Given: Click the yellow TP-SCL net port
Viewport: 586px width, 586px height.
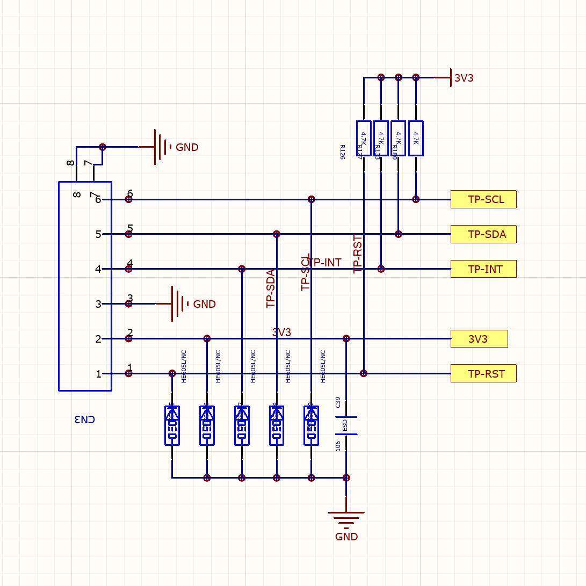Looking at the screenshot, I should [483, 199].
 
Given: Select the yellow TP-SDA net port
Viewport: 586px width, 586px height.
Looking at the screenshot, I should [483, 234].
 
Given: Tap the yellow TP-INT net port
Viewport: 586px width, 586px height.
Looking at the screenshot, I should [483, 269].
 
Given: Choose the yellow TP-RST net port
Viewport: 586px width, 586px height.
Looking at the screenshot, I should [483, 374].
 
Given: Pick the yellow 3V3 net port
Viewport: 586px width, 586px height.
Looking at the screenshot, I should [479, 339].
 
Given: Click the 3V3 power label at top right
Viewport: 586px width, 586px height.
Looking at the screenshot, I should [464, 78].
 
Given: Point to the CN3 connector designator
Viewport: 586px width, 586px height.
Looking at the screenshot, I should [84, 419].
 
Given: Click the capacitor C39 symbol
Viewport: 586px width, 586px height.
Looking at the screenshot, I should [346, 425].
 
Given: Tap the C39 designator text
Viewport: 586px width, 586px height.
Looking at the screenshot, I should [338, 402].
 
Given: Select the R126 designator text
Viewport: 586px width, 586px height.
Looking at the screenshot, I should [342, 152].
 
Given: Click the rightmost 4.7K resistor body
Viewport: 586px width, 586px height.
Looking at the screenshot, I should [416, 138].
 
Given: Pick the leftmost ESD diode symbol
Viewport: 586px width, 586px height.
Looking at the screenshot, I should [172, 425].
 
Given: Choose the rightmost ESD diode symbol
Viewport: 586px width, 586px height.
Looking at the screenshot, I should [312, 425].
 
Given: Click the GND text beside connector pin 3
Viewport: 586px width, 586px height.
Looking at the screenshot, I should [204, 305].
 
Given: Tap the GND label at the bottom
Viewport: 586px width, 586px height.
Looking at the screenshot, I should [346, 537].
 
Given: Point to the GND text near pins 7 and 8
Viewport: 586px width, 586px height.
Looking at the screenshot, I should [187, 148].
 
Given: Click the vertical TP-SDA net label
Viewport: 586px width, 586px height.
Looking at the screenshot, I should [271, 289].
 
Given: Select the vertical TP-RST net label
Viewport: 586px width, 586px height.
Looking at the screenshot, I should [358, 254].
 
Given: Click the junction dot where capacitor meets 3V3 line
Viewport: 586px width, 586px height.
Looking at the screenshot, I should [346, 339].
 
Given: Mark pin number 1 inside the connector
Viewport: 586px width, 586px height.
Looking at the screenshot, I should [98, 374].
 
